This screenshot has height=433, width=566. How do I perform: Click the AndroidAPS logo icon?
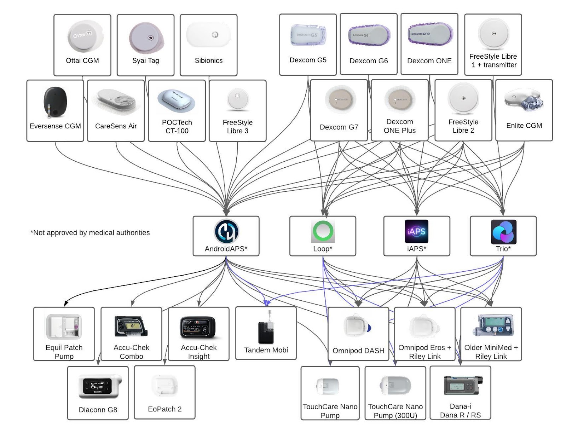(226, 232)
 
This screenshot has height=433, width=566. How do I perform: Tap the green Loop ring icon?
(323, 231)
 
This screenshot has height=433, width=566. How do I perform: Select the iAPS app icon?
(416, 231)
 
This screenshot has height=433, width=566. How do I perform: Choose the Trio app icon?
(503, 232)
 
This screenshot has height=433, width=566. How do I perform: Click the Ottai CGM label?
(82, 60)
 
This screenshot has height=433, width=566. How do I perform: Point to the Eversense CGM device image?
(55, 102)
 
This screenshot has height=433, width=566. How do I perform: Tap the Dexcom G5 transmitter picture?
(308, 35)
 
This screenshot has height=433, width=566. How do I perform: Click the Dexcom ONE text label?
(429, 61)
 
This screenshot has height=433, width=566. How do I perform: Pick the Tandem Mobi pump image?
(266, 329)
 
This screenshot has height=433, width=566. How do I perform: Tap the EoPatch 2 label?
(164, 409)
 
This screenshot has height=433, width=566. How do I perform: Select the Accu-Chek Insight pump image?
(198, 327)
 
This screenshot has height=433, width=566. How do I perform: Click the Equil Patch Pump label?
(64, 352)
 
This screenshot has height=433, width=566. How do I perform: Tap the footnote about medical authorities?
(90, 233)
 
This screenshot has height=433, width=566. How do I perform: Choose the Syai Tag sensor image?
(146, 38)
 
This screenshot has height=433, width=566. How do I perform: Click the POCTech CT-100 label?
(177, 127)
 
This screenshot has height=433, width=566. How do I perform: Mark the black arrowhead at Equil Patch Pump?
(66, 304)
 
